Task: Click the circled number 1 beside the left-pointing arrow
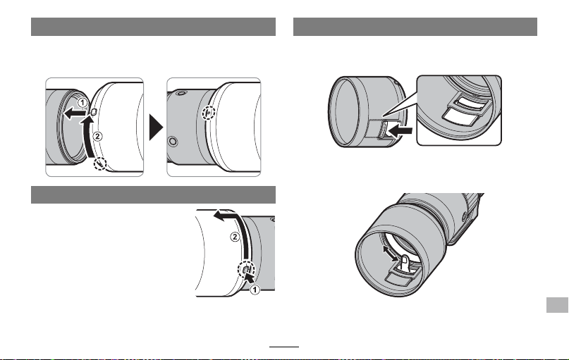pyautogui.click(x=82, y=103)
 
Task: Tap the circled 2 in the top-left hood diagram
pyautogui.click(x=97, y=136)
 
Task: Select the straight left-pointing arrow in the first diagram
pyautogui.click(x=75, y=113)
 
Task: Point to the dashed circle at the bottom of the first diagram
pyautogui.click(x=100, y=164)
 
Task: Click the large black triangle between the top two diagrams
pyautogui.click(x=156, y=128)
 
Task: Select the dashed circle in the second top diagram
pyautogui.click(x=209, y=113)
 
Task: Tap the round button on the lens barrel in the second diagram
pyautogui.click(x=173, y=141)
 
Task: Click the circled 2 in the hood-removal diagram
pyautogui.click(x=235, y=237)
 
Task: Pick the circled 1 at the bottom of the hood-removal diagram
pyautogui.click(x=255, y=290)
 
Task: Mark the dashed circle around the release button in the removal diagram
pyautogui.click(x=246, y=269)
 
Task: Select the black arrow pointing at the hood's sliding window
pyautogui.click(x=401, y=130)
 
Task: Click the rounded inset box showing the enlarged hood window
pyautogui.click(x=459, y=110)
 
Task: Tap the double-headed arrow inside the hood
pyautogui.click(x=391, y=253)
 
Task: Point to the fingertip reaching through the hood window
pyautogui.click(x=405, y=262)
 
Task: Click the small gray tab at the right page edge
pyautogui.click(x=557, y=305)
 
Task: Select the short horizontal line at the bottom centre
pyautogui.click(x=284, y=347)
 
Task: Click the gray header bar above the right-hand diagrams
pyautogui.click(x=415, y=27)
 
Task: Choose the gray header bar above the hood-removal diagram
pyautogui.click(x=153, y=194)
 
